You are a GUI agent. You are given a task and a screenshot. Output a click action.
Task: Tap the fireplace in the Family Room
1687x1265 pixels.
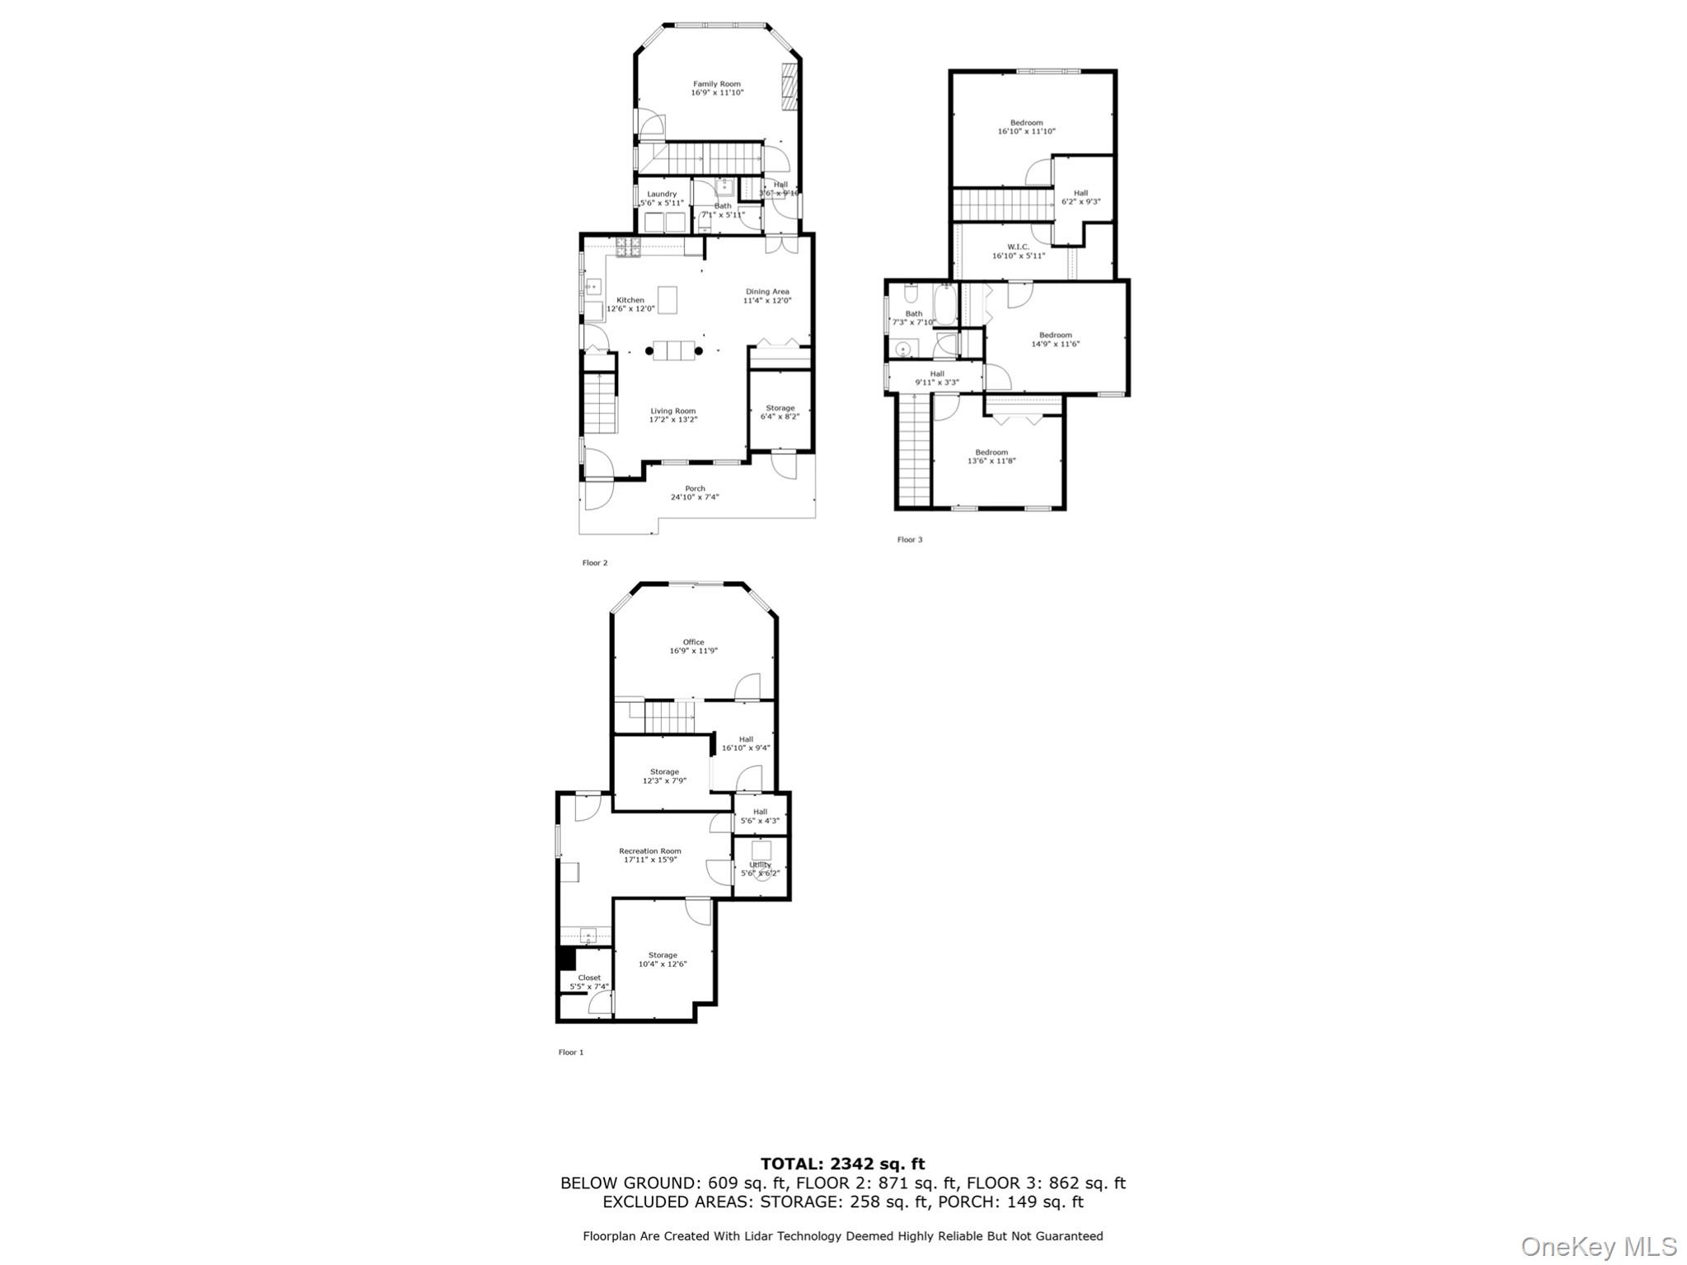pyautogui.click(x=790, y=86)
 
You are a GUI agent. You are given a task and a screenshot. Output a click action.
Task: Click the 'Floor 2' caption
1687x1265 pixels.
pyautogui.click(x=595, y=563)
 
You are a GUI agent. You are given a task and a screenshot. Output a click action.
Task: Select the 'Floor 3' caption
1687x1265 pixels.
pyautogui.click(x=910, y=540)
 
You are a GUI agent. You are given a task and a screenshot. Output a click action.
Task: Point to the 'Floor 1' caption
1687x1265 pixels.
pyautogui.click(x=571, y=1052)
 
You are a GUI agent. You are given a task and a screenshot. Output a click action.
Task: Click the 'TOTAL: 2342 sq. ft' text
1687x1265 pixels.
pyautogui.click(x=842, y=1164)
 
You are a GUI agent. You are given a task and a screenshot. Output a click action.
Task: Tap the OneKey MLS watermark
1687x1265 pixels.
pyautogui.click(x=1598, y=1246)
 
